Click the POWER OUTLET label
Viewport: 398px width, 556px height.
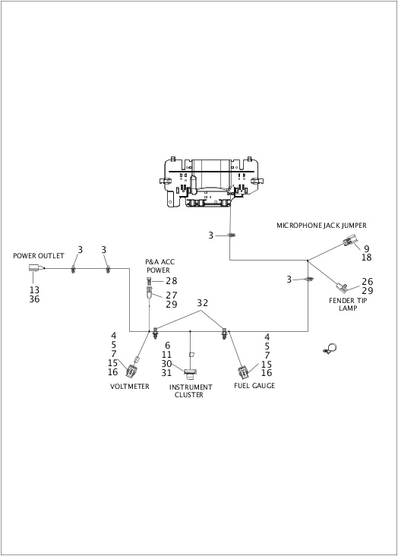pyautogui.click(x=39, y=256)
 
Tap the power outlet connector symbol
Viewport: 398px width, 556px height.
pyautogui.click(x=34, y=268)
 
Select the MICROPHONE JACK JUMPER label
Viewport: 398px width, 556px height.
pyautogui.click(x=321, y=226)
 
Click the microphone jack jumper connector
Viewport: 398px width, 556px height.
pyautogui.click(x=348, y=244)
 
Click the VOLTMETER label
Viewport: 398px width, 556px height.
pyautogui.click(x=130, y=386)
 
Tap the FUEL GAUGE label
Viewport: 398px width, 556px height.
pyautogui.click(x=254, y=386)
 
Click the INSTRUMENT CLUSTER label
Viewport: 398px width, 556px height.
pyautogui.click(x=190, y=390)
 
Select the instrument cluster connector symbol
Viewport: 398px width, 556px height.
pyautogui.click(x=190, y=372)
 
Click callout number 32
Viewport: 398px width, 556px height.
pyautogui.click(x=202, y=302)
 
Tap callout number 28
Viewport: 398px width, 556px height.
pyautogui.click(x=172, y=281)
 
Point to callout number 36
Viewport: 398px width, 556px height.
pyautogui.click(x=34, y=299)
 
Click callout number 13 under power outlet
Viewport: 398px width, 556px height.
pyautogui.click(x=34, y=289)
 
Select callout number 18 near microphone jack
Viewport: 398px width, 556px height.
pyautogui.click(x=366, y=258)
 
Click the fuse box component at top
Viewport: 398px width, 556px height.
pyautogui.click(x=213, y=182)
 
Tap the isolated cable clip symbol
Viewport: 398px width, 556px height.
pyautogui.click(x=330, y=349)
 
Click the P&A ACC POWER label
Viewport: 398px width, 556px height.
pyautogui.click(x=158, y=266)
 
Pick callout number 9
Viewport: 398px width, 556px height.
pyautogui.click(x=366, y=248)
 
